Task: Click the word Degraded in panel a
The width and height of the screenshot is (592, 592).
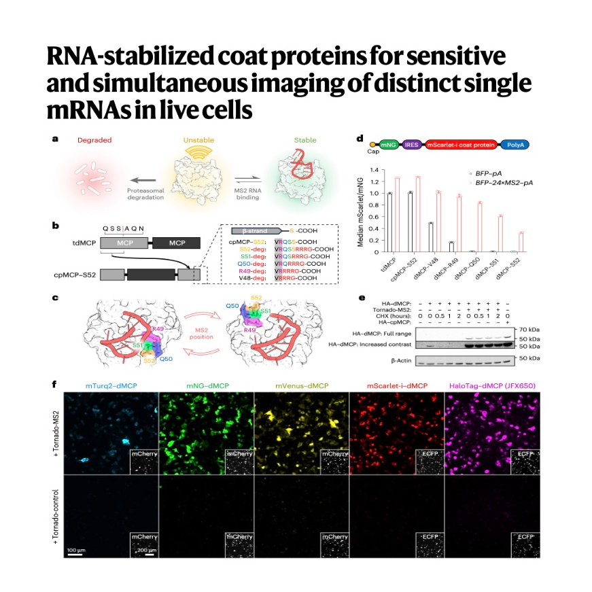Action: (x=94, y=141)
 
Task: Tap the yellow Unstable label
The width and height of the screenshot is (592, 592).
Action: (x=198, y=141)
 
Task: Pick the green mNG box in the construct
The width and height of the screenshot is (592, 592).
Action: (x=387, y=145)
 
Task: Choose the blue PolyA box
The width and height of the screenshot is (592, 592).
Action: (x=515, y=145)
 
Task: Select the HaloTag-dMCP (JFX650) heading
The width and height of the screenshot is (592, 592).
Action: (x=491, y=387)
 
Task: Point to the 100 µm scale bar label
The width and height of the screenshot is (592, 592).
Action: (x=75, y=547)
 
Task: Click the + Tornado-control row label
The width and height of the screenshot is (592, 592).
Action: (x=56, y=517)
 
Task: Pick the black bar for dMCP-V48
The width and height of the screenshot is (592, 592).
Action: (x=412, y=237)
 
